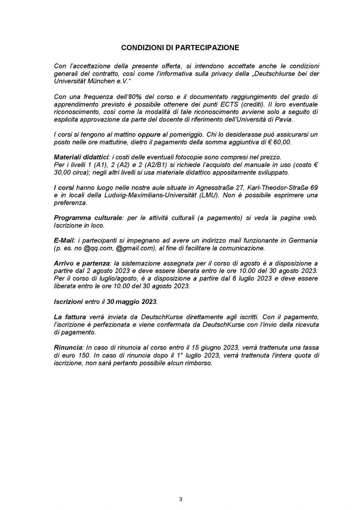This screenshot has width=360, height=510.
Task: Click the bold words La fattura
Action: tap(71, 317)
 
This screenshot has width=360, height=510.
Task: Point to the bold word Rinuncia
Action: tap(67, 347)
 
